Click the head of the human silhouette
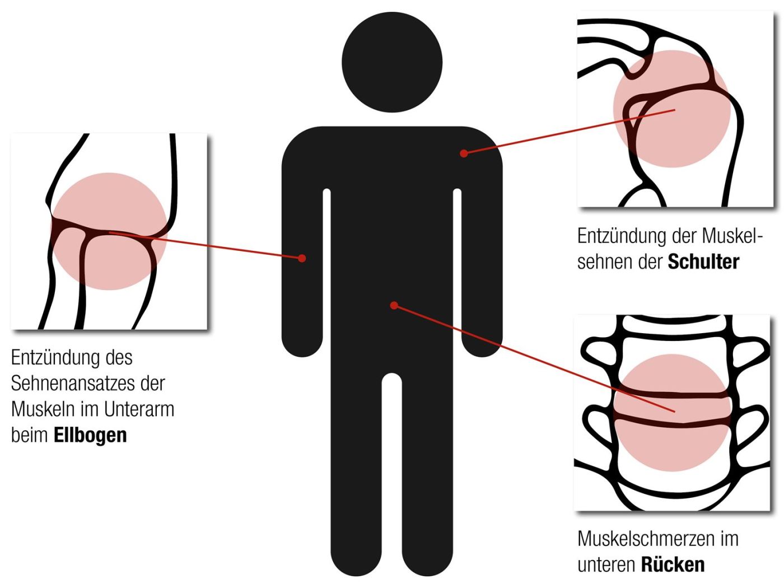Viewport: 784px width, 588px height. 392,62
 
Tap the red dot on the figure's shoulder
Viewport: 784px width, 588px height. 464,153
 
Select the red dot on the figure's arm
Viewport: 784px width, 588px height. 302,258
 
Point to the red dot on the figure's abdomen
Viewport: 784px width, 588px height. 394,305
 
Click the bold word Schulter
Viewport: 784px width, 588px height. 703,262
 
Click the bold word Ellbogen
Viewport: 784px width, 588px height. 90,435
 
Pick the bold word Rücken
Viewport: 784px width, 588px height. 673,564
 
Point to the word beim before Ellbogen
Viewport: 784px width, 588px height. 30,435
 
